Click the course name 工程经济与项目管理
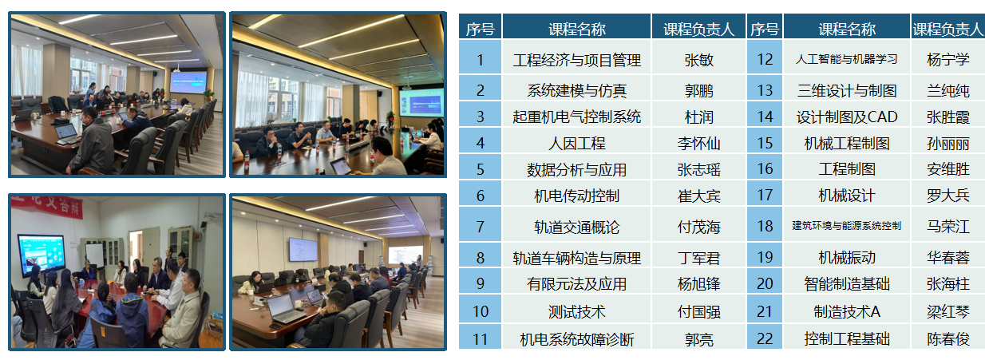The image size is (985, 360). (576, 60)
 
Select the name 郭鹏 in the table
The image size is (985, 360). (698, 90)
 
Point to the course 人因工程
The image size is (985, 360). (576, 144)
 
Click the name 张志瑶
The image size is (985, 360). (698, 170)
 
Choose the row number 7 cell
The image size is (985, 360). (481, 227)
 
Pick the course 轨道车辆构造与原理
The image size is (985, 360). (576, 258)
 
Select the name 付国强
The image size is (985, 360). (698, 311)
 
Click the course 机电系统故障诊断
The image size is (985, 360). (576, 339)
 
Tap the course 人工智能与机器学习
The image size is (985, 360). (846, 59)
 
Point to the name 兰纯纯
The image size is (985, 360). (948, 90)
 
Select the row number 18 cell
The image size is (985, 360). (765, 226)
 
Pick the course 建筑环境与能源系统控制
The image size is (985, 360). (846, 226)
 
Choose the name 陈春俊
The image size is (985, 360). (948, 339)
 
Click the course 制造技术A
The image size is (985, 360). (846, 311)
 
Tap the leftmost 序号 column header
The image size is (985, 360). (481, 29)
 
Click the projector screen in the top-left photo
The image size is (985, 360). (188, 82)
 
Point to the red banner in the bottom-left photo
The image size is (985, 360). (47, 205)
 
